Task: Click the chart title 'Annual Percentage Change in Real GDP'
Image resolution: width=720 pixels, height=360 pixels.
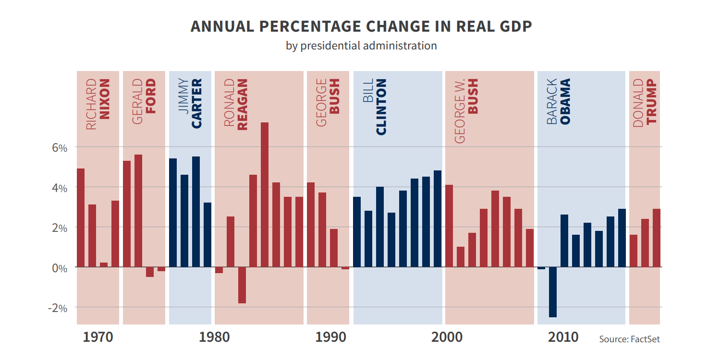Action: (361, 26)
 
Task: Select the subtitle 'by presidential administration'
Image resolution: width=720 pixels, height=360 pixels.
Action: (361, 46)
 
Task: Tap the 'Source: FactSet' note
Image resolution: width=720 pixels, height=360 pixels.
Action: (629, 339)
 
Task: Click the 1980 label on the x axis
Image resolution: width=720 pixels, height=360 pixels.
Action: (214, 337)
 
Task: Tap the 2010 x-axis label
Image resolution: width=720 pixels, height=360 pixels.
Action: (563, 337)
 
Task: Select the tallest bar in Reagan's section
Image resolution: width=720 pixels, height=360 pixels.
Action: (265, 194)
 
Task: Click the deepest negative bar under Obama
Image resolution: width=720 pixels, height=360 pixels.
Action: (553, 292)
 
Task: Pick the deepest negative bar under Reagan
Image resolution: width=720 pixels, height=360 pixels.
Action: (242, 285)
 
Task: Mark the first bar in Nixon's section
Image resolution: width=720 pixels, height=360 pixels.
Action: (81, 217)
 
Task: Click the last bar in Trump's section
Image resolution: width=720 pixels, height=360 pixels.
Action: (656, 238)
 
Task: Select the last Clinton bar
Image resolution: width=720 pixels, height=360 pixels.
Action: (438, 218)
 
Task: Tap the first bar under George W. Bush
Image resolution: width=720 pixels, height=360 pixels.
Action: (449, 226)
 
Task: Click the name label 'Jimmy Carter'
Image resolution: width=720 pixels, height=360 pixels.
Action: (190, 104)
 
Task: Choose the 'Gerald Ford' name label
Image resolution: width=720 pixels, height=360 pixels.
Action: (144, 102)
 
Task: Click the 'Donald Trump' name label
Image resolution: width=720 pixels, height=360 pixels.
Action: (645, 102)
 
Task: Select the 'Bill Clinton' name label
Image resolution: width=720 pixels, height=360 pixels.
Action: (375, 107)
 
